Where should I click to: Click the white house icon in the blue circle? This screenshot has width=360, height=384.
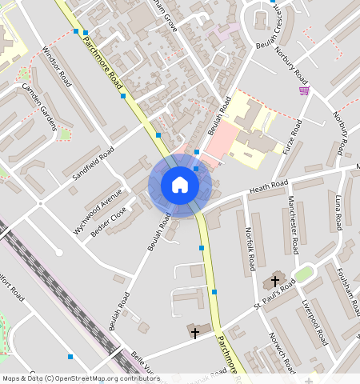(180, 185)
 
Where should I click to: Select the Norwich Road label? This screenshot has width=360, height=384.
(282, 351)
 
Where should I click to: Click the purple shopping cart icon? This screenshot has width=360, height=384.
(303, 91)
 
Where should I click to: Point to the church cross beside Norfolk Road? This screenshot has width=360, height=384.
(274, 282)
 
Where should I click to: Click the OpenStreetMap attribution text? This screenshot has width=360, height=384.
(80, 378)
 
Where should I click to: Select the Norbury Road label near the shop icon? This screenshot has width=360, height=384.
(291, 66)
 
